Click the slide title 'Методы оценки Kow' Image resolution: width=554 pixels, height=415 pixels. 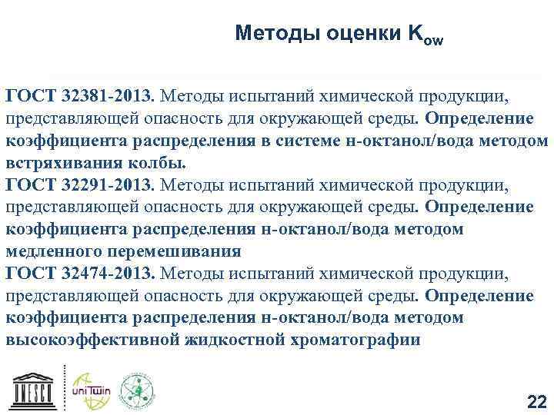[339, 34]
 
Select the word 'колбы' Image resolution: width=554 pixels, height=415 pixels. [159, 164]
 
